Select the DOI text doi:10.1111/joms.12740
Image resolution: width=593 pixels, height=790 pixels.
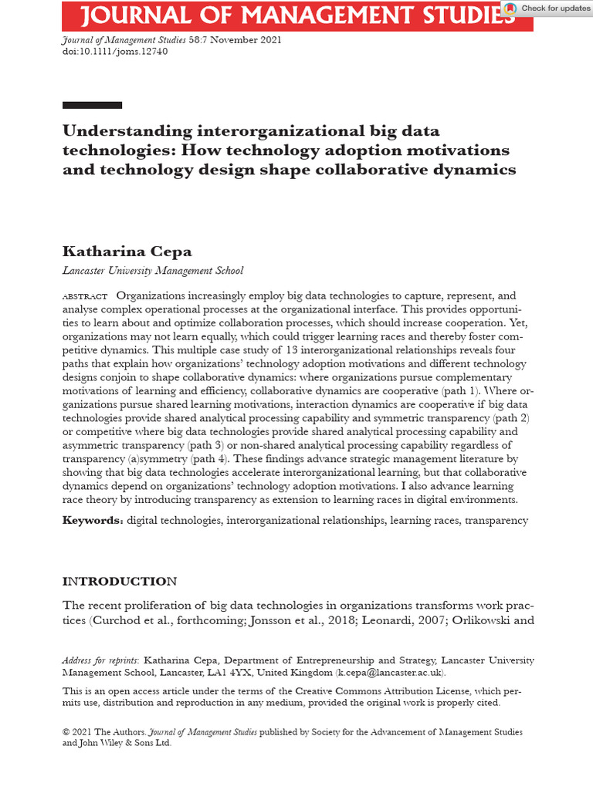coord(114,52)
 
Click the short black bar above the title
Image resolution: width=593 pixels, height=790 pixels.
coord(92,105)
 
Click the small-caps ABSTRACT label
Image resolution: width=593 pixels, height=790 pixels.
coord(85,297)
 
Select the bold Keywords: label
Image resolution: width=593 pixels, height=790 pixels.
coord(93,521)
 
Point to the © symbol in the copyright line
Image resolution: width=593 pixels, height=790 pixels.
coord(66,732)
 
